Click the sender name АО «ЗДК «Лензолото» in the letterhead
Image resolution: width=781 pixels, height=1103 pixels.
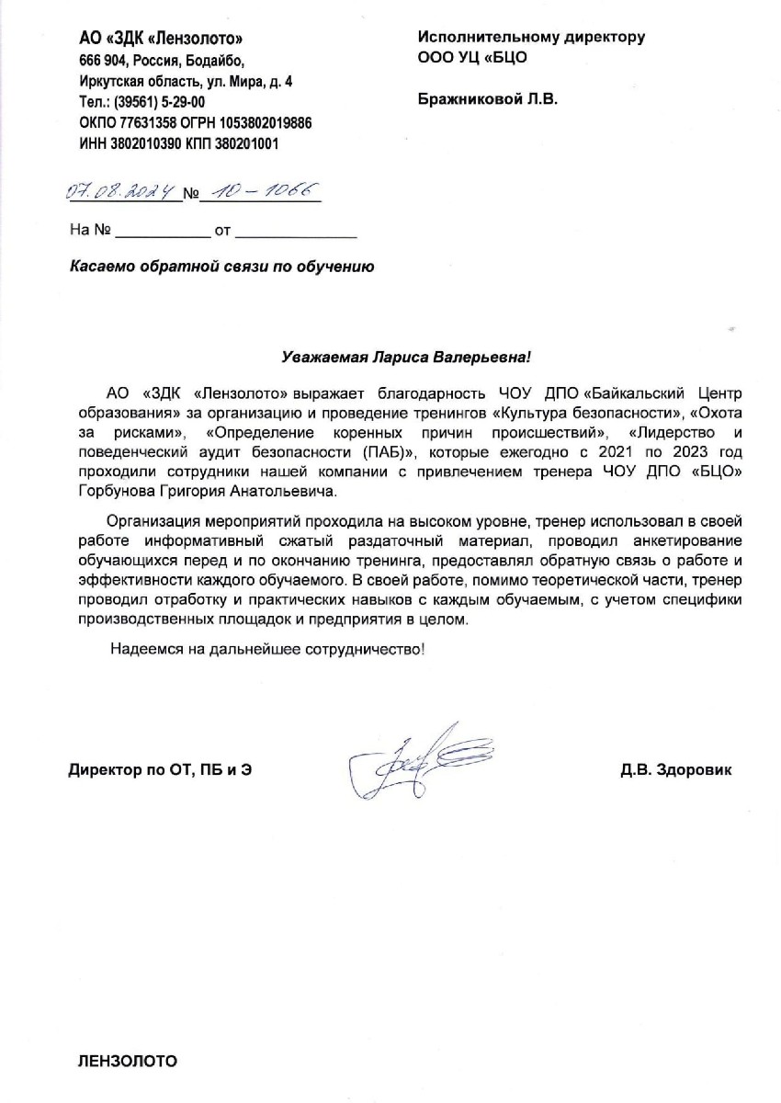pyautogui.click(x=162, y=39)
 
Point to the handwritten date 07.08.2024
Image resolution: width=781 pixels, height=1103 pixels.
pyautogui.click(x=121, y=192)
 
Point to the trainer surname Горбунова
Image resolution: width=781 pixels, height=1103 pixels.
pyautogui.click(x=108, y=492)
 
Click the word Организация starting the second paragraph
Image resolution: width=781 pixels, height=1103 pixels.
pyautogui.click(x=153, y=521)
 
